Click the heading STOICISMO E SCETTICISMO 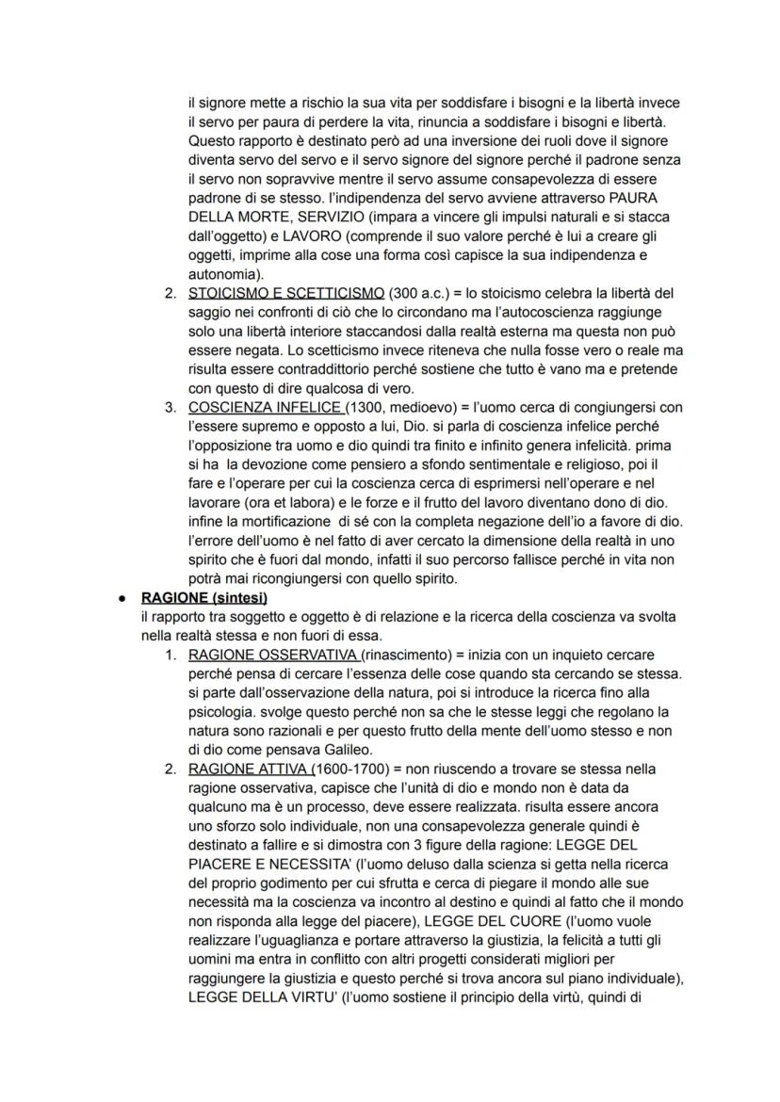point(285,293)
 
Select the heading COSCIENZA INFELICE point(266,408)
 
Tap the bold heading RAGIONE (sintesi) point(201,597)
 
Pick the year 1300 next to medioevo point(366,408)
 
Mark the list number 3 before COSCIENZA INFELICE point(170,408)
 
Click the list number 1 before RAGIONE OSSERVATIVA point(170,655)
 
